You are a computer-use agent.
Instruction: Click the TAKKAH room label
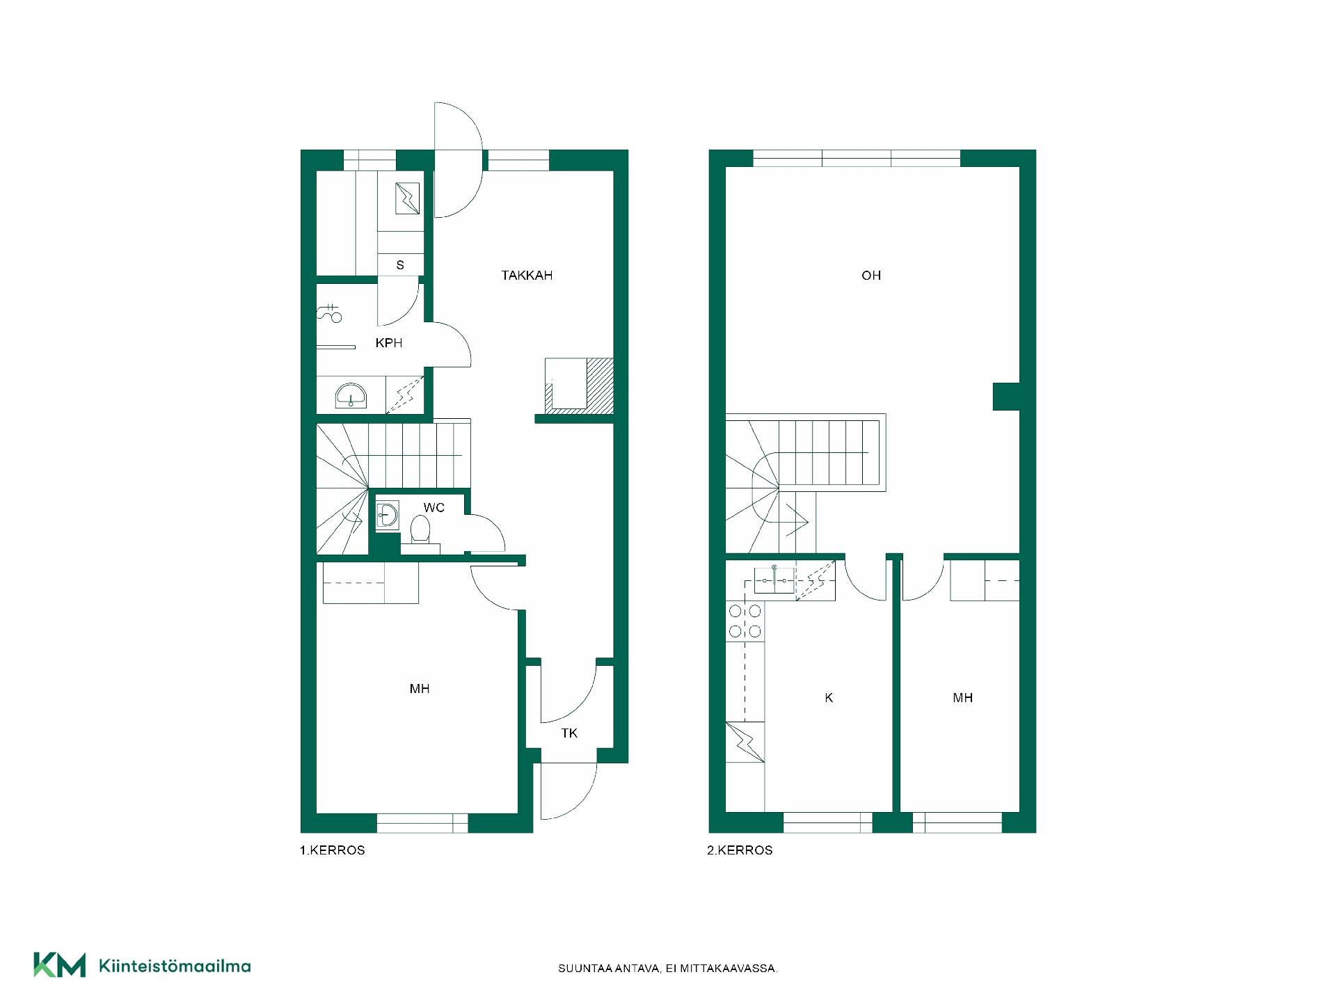tap(527, 276)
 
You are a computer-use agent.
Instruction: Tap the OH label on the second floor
tap(871, 276)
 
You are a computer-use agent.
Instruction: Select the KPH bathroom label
tap(388, 343)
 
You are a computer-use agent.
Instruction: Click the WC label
tap(434, 508)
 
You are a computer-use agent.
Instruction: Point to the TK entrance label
tap(569, 733)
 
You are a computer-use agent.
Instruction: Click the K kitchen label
tap(829, 698)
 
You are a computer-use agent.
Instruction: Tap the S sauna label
tap(400, 265)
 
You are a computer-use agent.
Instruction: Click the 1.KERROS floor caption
tap(333, 850)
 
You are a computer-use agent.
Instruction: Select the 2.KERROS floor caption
tap(740, 850)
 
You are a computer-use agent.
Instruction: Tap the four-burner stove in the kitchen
tap(745, 621)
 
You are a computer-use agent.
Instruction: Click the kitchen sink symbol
tap(774, 580)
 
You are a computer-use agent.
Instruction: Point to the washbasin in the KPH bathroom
tap(351, 395)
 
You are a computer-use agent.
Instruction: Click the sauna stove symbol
tap(407, 198)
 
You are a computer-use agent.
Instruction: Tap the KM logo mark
tap(60, 965)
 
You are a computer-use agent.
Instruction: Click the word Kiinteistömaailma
tap(175, 966)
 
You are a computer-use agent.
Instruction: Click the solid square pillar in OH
tap(1006, 396)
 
